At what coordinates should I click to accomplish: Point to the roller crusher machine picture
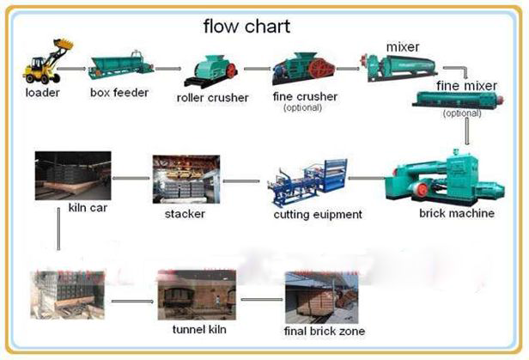(213, 69)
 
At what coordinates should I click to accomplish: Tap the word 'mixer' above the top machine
(402, 46)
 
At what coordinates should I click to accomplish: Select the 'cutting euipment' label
(318, 214)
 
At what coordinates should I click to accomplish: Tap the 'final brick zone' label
(325, 331)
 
